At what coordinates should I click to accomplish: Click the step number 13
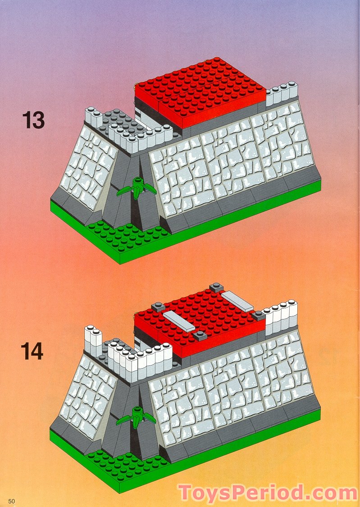(33, 120)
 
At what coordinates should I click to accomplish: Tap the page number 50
(11, 501)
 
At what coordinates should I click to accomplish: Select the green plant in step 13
(136, 187)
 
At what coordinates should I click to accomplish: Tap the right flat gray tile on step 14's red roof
(238, 301)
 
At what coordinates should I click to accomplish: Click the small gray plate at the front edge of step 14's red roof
(199, 334)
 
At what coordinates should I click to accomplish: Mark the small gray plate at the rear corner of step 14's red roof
(216, 287)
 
